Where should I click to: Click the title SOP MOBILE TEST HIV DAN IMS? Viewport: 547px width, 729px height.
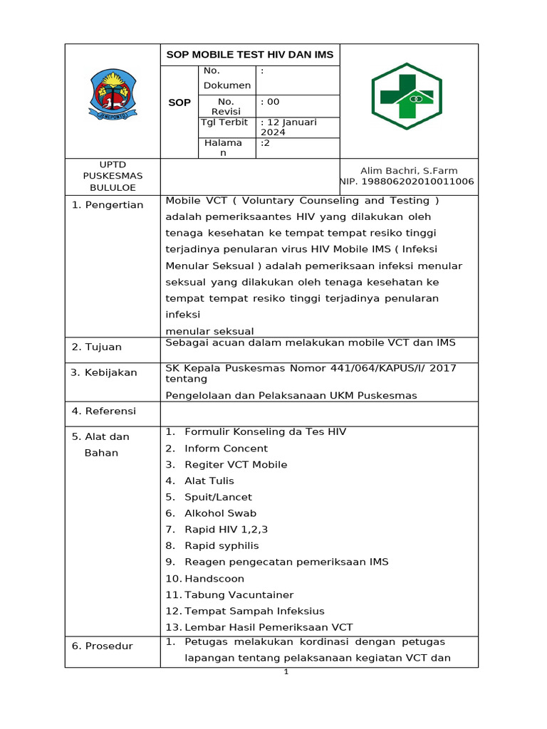tap(249, 55)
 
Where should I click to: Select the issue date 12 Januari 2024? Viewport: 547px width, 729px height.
tap(283, 127)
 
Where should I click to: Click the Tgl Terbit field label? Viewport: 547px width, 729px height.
tap(225, 122)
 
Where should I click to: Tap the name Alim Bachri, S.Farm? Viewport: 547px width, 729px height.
tap(409, 171)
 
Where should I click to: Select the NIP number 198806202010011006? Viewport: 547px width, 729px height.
tap(407, 182)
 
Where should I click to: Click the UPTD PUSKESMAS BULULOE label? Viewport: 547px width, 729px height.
tap(113, 177)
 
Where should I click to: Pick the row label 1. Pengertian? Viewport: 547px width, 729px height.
tap(108, 205)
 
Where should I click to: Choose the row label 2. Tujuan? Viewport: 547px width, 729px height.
tap(97, 347)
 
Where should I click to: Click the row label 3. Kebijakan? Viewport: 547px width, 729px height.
tap(104, 373)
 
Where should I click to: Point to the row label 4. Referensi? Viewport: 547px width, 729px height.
tap(103, 411)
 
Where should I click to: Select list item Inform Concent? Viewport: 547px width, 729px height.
tap(226, 449)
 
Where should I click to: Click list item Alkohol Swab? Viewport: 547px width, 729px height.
tap(220, 513)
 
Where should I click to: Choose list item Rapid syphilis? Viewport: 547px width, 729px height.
tap(222, 546)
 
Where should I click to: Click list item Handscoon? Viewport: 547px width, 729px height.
tap(214, 579)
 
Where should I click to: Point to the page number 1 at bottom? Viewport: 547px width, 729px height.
tap(286, 672)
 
